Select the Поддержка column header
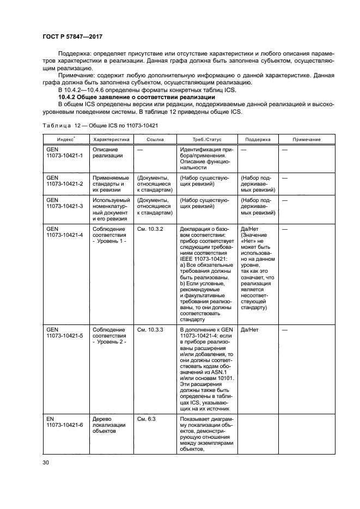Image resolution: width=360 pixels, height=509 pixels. [x=257, y=139]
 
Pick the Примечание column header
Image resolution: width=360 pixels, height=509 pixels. [x=307, y=139]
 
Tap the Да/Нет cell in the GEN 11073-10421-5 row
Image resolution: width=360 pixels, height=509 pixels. [x=251, y=329]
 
